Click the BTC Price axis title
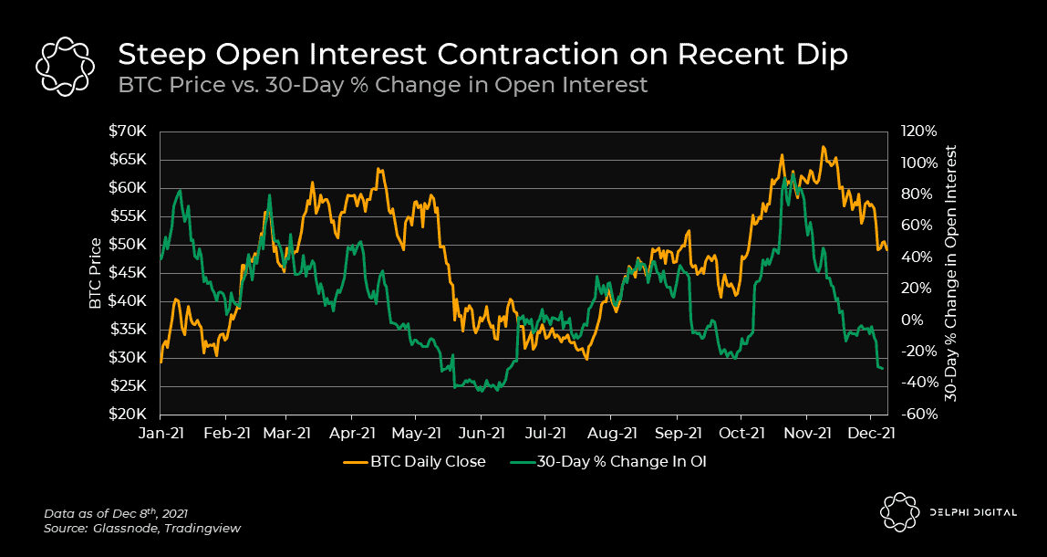pos(95,272)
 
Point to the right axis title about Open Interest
pos(950,272)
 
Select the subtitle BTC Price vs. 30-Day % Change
pos(383,85)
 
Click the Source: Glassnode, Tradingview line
pos(142,529)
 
